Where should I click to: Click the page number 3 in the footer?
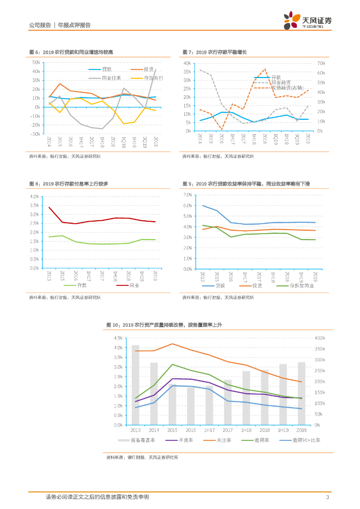327,497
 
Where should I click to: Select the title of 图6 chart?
71,52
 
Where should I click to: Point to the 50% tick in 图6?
36,63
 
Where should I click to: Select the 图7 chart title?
214,52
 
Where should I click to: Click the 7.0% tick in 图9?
187,195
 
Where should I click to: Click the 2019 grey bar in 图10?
301,393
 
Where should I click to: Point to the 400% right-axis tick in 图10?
320,338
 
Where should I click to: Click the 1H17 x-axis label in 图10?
209,430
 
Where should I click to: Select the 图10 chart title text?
164,325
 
